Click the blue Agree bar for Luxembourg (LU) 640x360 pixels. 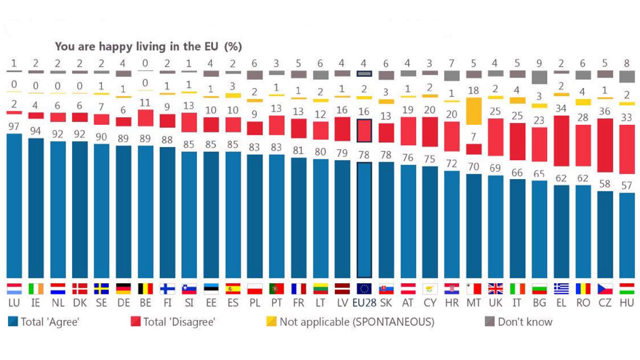click(x=14, y=206)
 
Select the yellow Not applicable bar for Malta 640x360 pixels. click(x=474, y=111)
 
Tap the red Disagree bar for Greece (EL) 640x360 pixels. click(x=561, y=140)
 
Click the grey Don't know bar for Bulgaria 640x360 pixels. click(x=539, y=77)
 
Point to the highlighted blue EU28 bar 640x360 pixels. click(x=364, y=220)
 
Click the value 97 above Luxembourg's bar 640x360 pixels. click(x=14, y=126)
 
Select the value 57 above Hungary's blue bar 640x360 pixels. click(x=626, y=185)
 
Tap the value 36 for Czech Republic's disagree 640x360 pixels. click(x=604, y=112)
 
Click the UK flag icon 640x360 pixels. click(x=495, y=288)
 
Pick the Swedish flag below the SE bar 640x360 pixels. click(x=101, y=288)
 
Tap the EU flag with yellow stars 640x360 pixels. click(x=364, y=288)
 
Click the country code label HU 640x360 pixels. click(x=626, y=303)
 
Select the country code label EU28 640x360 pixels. click(x=364, y=303)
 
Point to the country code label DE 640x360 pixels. click(x=123, y=303)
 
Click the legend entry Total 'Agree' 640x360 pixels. click(x=50, y=322)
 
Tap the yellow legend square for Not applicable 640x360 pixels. click(x=271, y=321)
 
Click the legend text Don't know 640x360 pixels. click(x=524, y=322)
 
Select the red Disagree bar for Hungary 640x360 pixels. click(x=626, y=149)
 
